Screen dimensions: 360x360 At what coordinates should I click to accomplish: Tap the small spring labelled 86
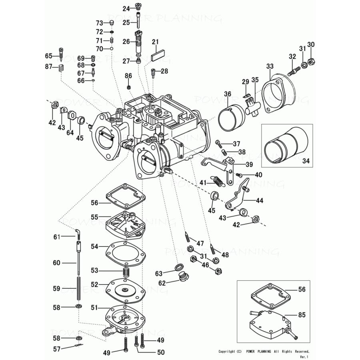click(x=129, y=87)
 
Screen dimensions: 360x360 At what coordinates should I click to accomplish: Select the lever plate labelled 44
click(x=238, y=198)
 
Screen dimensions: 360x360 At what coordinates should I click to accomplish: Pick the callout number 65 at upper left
click(x=49, y=56)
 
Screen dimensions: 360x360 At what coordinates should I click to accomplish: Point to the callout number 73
click(x=99, y=23)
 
